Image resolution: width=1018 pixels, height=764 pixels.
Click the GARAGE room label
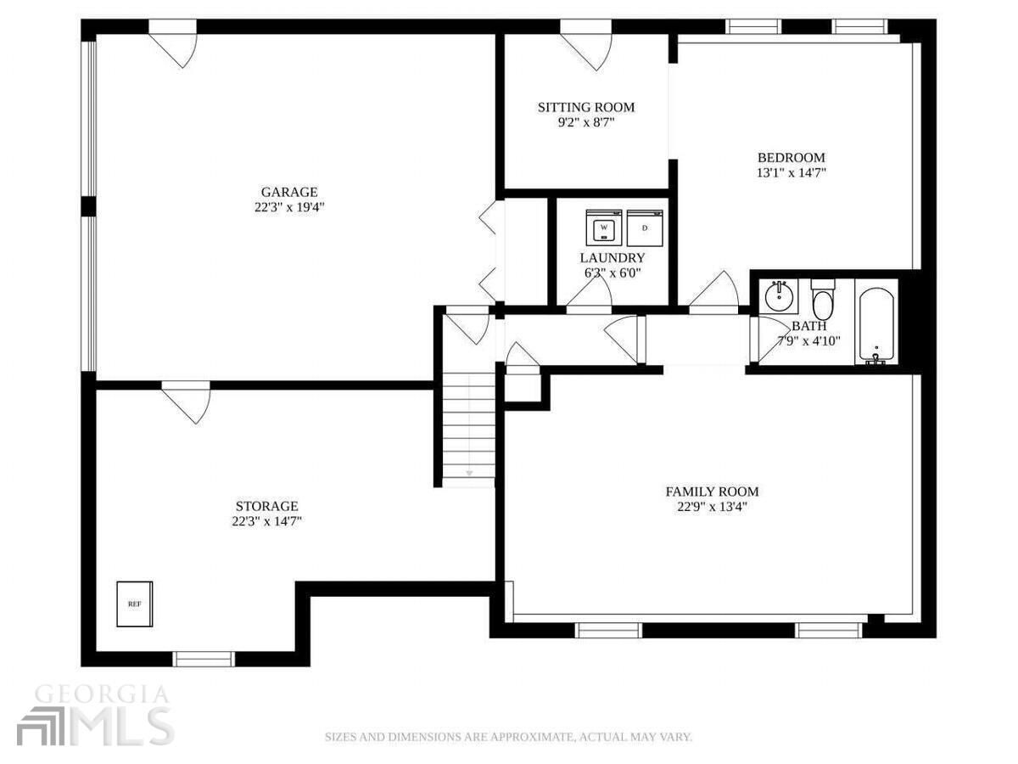pos(288,192)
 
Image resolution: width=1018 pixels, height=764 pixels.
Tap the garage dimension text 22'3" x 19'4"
pos(288,207)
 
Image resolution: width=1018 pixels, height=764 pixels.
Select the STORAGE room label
pos(267,506)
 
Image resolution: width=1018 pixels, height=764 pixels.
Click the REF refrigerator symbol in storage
pos(134,604)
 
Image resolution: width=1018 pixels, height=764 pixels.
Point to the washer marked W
pos(604,228)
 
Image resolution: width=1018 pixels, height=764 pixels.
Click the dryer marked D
pos(645,228)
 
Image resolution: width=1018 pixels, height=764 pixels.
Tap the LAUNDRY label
pos(612,258)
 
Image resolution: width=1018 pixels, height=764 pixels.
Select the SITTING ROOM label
pos(585,107)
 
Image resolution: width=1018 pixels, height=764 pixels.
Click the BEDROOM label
pos(791,157)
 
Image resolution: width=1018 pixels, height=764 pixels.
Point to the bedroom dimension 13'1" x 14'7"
pos(791,172)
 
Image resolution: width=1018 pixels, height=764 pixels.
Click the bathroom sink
pos(778,296)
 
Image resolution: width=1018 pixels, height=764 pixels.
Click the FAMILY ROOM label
pos(711,492)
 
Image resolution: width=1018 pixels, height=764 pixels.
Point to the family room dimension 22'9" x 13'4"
pos(711,507)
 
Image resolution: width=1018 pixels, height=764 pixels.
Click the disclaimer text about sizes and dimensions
pos(508,737)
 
